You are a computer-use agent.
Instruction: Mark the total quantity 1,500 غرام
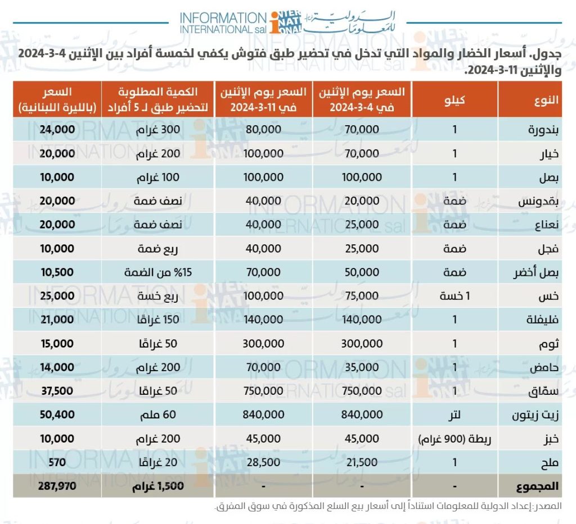coord(158,486)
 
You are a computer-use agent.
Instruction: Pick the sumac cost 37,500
coord(57,390)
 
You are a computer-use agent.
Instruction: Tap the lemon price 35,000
coord(361,367)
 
